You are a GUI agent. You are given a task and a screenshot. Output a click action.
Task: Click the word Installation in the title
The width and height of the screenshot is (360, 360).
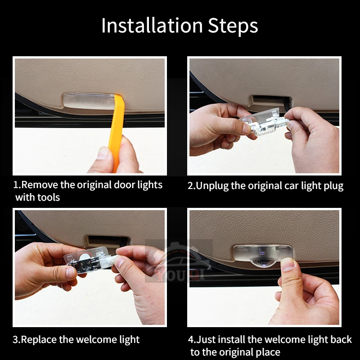pyautogui.click(x=152, y=25)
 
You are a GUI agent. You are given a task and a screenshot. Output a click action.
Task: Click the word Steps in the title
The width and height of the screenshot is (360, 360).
pyautogui.click(x=233, y=26)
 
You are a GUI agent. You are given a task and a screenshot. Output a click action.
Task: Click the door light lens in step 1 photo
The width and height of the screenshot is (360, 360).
pyautogui.click(x=89, y=101)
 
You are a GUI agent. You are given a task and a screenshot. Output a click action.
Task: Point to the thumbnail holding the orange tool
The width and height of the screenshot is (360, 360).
pyautogui.click(x=104, y=153)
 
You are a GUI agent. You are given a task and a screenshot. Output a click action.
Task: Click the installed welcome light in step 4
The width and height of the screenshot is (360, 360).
pyautogui.click(x=263, y=254)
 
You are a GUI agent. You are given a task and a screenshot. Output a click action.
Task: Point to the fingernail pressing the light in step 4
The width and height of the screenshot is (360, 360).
pyautogui.click(x=288, y=264)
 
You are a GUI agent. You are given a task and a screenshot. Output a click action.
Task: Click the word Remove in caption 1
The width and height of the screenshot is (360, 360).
pyautogui.click(x=40, y=185)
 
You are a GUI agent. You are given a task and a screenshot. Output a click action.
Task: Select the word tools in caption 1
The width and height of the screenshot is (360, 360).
pyautogui.click(x=49, y=198)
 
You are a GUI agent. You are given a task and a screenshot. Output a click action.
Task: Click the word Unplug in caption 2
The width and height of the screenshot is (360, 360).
pyautogui.click(x=212, y=186)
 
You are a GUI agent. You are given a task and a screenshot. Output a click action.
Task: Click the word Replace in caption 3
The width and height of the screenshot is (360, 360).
pyautogui.click(x=39, y=340)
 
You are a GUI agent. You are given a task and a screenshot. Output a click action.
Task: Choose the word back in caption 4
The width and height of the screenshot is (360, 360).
pyautogui.click(x=341, y=339)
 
